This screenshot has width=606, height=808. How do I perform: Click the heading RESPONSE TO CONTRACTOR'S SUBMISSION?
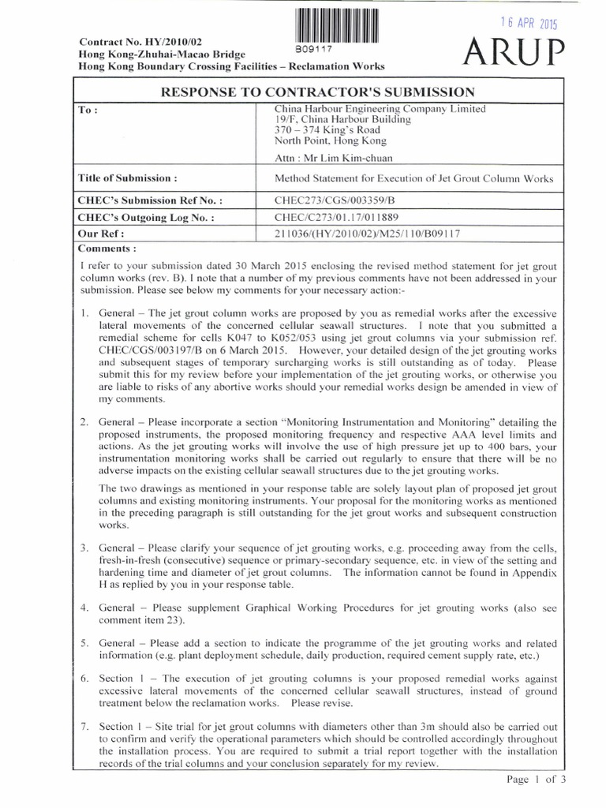click(x=317, y=91)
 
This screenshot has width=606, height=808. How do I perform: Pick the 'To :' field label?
click(x=88, y=110)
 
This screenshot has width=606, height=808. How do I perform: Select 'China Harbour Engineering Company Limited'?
click(x=380, y=108)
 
